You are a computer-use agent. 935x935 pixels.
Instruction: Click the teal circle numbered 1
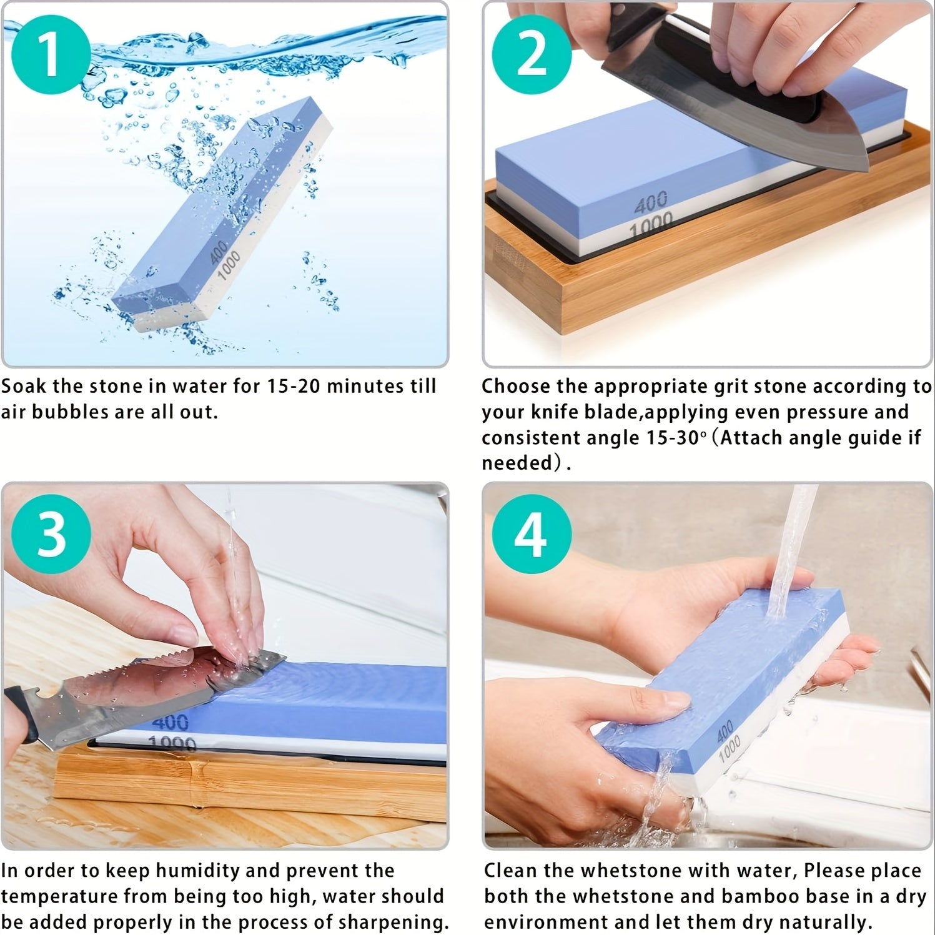[x=51, y=54]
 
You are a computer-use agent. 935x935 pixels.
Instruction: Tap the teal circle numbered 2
[x=532, y=54]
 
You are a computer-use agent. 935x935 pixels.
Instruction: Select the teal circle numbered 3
[x=51, y=535]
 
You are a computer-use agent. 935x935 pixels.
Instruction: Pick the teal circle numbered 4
[x=532, y=535]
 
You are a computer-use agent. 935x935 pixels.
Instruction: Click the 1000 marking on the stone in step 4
[x=729, y=748]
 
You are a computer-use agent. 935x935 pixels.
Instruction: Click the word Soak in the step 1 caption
[x=24, y=387]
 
